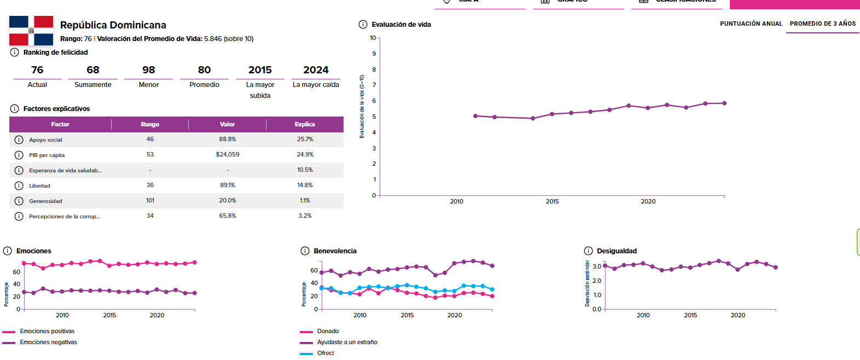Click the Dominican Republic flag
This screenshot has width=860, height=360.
[x=31, y=31]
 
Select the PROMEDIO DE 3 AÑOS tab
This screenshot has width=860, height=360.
[x=822, y=24]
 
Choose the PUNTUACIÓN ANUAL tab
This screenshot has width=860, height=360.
[x=751, y=24]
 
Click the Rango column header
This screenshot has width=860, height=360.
[x=150, y=125]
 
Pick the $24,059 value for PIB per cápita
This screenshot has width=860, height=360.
[x=228, y=155]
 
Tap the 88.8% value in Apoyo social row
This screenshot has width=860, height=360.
[x=228, y=140]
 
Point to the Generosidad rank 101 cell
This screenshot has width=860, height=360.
[x=150, y=201]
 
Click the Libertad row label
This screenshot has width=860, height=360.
[x=39, y=186]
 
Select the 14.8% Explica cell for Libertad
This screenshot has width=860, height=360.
[x=305, y=185]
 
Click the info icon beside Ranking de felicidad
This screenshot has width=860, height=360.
[x=15, y=53]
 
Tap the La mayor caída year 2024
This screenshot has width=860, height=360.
[x=316, y=70]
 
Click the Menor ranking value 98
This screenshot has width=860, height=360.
[x=149, y=70]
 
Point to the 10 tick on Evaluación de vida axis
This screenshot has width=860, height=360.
[x=373, y=38]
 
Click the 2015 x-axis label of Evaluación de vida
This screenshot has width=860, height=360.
[x=552, y=202]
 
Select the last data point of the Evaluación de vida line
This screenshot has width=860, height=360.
[x=724, y=103]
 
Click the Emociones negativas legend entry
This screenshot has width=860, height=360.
[x=48, y=342]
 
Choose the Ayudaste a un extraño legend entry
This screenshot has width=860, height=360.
[x=347, y=342]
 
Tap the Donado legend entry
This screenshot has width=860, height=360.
[x=328, y=332]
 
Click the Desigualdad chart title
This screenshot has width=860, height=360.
[x=617, y=251]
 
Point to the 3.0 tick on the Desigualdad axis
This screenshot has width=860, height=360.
[x=597, y=267]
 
